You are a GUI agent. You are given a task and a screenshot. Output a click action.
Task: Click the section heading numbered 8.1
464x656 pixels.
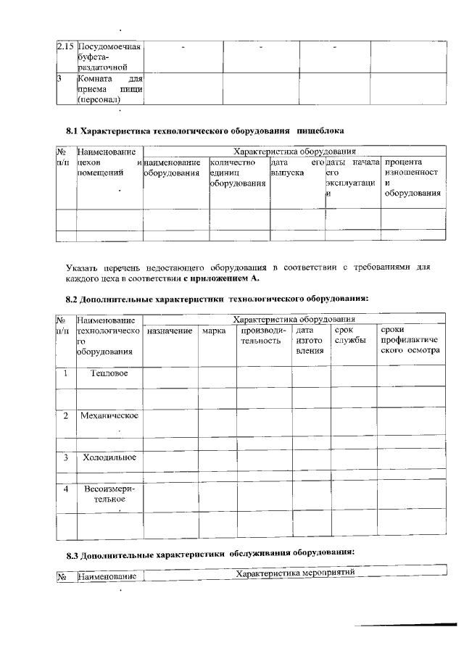tap(204, 130)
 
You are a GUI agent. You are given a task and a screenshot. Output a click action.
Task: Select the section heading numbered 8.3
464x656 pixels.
tap(210, 555)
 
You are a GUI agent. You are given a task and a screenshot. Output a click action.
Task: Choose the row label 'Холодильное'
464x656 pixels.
tap(109, 457)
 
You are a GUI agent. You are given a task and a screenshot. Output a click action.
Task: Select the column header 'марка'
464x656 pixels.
tap(213, 331)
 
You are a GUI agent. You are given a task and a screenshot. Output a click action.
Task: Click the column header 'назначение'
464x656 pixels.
tap(170, 331)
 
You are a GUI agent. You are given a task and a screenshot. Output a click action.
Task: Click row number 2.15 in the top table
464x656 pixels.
tap(65, 46)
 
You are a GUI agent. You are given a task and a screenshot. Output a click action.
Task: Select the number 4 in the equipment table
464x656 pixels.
tap(65, 489)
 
